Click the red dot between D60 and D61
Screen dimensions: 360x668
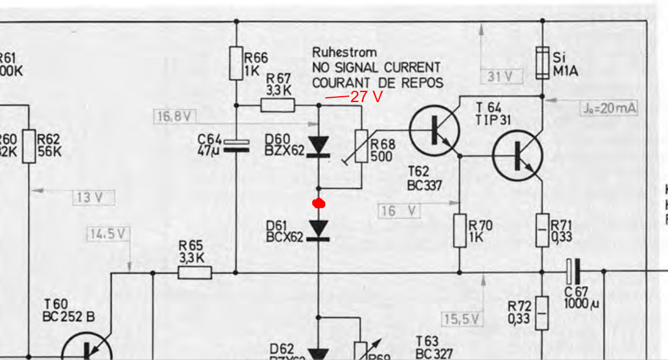pos(319,204)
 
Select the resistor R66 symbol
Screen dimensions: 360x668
pos(236,64)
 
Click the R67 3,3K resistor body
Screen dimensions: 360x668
pos(278,106)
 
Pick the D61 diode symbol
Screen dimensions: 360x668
pos(319,229)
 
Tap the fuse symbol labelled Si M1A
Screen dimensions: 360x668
pos(542,63)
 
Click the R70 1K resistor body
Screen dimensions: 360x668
pos(459,230)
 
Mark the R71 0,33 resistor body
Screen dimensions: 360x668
pos(541,230)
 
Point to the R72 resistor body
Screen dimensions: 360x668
pos(541,313)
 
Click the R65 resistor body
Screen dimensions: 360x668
pos(195,272)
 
